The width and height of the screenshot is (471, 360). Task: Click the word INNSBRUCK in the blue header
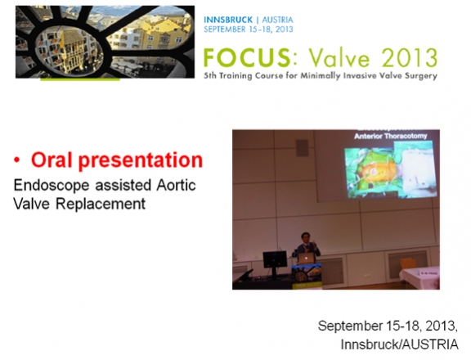point(228,20)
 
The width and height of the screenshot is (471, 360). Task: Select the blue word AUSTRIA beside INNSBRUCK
point(277,20)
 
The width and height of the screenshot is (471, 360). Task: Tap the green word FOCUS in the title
point(247,58)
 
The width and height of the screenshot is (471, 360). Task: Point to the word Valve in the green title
point(339,58)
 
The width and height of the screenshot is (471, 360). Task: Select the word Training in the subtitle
point(235,76)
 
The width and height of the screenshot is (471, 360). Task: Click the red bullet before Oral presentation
point(17,160)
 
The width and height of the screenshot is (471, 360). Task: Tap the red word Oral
point(52,160)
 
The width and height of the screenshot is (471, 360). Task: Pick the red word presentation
point(141,160)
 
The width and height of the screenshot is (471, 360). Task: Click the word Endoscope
point(52,186)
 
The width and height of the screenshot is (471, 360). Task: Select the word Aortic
point(176,185)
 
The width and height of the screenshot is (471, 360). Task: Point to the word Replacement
point(101,204)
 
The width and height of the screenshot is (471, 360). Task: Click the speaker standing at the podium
point(307,245)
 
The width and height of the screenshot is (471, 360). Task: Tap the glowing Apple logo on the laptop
point(306,258)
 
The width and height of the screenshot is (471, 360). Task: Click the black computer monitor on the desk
point(275,259)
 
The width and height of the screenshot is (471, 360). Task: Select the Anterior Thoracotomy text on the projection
point(391,136)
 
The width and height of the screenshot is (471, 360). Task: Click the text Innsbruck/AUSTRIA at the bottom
point(400,344)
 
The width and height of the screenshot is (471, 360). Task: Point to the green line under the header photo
point(80,79)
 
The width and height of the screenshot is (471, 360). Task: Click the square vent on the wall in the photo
point(303,148)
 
